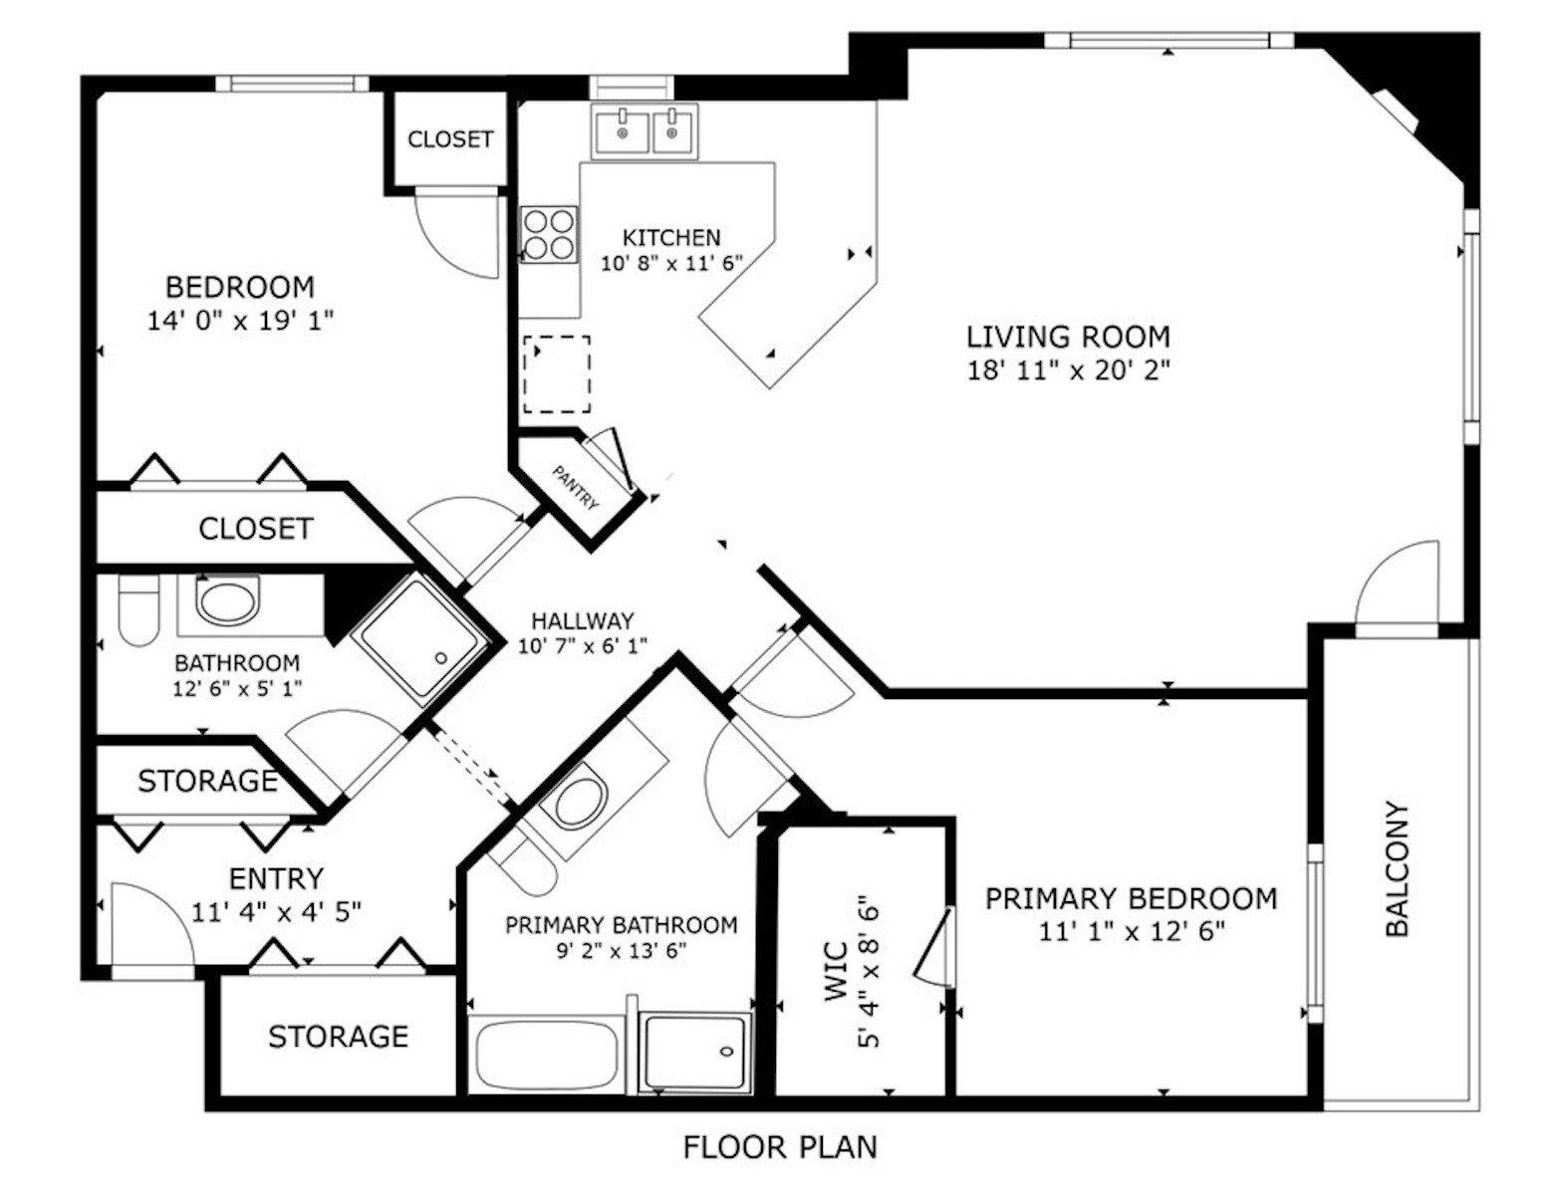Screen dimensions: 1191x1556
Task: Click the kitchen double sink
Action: click(x=646, y=130)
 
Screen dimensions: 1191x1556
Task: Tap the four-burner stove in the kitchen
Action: click(x=548, y=235)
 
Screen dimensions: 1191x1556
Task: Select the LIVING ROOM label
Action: click(x=1068, y=337)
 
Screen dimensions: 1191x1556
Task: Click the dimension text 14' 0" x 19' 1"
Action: click(x=239, y=321)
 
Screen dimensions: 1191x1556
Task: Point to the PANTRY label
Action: click(x=576, y=488)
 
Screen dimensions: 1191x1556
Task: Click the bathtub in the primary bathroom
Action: click(x=545, y=1055)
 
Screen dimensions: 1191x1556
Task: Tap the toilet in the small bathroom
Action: click(x=138, y=608)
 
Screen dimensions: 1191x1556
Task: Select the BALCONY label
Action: click(x=1398, y=868)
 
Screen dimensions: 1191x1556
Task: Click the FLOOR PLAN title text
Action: click(x=779, y=1147)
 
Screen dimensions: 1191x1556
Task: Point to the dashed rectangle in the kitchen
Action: click(x=557, y=374)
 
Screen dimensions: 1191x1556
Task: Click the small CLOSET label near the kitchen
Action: click(x=449, y=139)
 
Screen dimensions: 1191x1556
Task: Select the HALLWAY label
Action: click(x=582, y=621)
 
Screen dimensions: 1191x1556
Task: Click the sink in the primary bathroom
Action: click(x=580, y=802)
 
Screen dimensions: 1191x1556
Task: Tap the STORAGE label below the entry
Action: click(x=338, y=1037)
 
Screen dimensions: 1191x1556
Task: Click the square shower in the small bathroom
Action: click(x=419, y=638)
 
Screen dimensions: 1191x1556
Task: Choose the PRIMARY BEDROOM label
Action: click(x=1131, y=898)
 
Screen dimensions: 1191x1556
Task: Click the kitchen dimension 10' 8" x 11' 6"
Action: click(x=671, y=264)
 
